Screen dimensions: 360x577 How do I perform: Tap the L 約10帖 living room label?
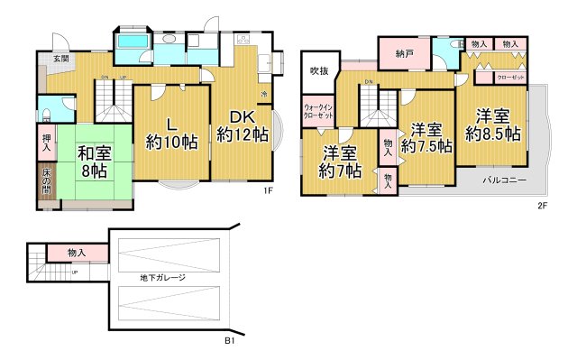(x=170, y=132)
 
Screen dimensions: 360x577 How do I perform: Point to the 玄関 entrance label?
(x=60, y=59)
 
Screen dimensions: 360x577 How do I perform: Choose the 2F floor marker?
(x=542, y=206)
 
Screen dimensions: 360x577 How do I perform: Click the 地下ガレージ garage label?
(x=162, y=277)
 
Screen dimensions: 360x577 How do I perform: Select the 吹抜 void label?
(x=318, y=70)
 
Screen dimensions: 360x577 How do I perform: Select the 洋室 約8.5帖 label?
(x=492, y=125)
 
